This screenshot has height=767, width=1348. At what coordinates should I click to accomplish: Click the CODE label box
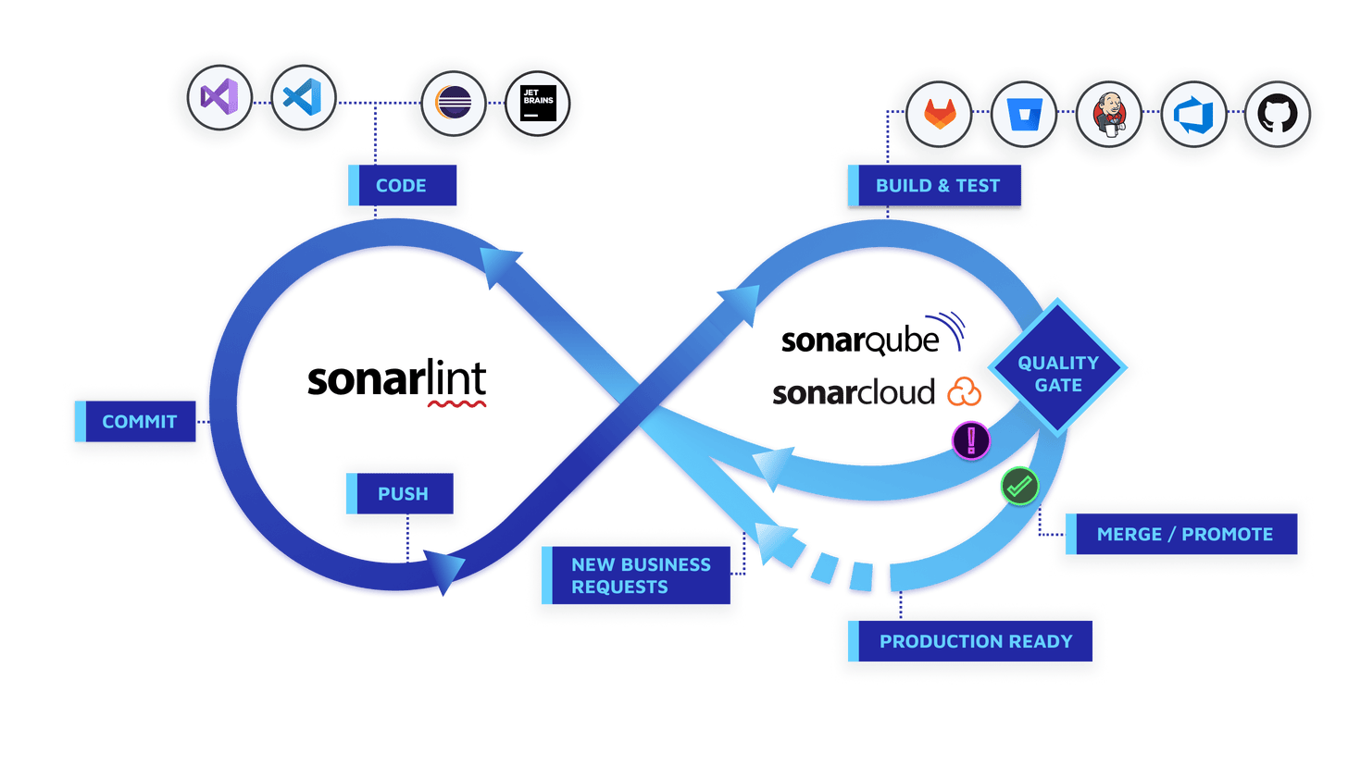[402, 185]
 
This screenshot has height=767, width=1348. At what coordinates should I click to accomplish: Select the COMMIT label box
[138, 422]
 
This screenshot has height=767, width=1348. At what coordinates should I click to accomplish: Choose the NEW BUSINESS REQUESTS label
[640, 575]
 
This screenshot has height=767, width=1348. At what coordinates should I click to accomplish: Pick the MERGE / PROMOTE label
[1182, 534]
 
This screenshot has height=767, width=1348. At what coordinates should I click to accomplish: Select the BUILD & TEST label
[937, 185]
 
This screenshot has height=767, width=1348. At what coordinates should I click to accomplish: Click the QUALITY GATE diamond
[1057, 374]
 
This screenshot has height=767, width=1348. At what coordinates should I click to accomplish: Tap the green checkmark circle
[1019, 485]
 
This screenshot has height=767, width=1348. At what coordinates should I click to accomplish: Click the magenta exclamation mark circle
[971, 439]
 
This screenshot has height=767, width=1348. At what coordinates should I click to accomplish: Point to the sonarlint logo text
[397, 381]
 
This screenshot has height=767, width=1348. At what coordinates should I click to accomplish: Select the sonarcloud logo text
[854, 393]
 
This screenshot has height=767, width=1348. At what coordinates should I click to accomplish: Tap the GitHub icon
[1278, 117]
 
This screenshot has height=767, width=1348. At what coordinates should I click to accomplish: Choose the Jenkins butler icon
[1107, 117]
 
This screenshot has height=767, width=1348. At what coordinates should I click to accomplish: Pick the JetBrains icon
[537, 104]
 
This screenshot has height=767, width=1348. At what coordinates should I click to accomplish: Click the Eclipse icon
[453, 104]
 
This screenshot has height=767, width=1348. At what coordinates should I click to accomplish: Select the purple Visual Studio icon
[219, 97]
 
